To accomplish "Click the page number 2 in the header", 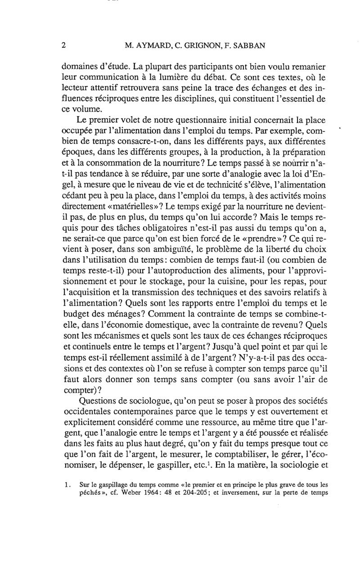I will tap(63, 45).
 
